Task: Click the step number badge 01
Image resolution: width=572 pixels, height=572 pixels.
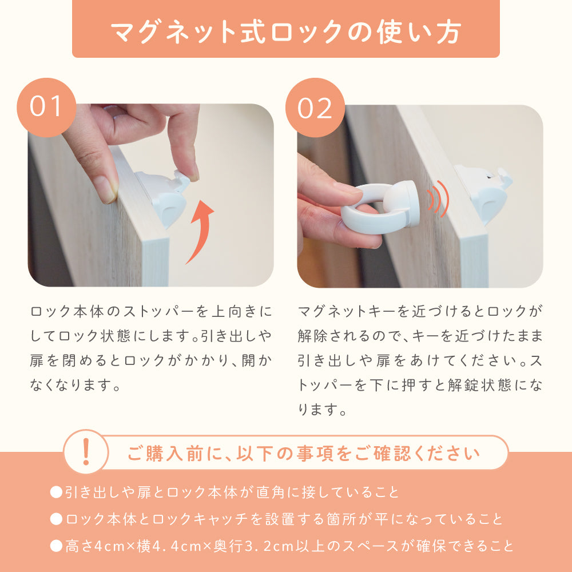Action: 46,108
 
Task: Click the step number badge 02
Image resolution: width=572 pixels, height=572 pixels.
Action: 315,108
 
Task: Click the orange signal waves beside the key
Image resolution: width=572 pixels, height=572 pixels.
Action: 438,199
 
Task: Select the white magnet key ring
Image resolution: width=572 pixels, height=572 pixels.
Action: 379,208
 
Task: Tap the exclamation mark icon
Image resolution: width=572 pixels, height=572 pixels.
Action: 86,452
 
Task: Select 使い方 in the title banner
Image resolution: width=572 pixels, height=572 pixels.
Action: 419,32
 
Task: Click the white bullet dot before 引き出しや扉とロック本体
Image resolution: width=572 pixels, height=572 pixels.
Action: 56,492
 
